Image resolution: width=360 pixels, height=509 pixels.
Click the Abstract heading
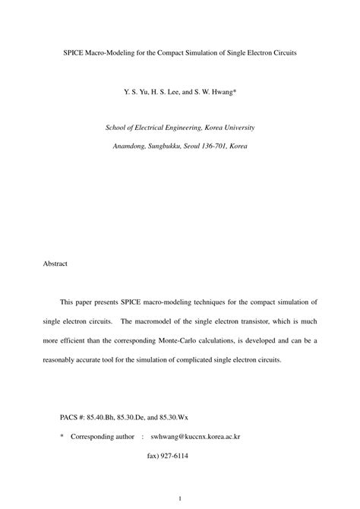[x=55, y=264]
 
